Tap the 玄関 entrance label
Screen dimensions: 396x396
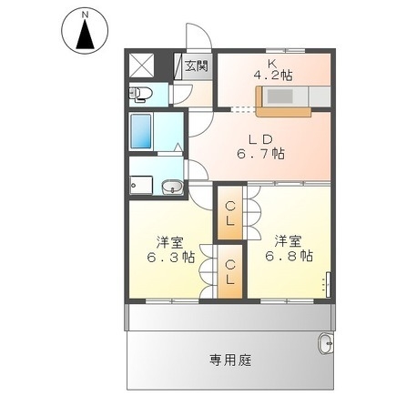pyautogui.click(x=196, y=66)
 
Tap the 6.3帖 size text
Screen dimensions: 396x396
pyautogui.click(x=169, y=257)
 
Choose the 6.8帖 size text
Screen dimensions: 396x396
pyautogui.click(x=289, y=257)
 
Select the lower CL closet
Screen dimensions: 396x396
pyautogui.click(x=230, y=271)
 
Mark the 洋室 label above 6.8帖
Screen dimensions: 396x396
pyautogui.click(x=289, y=241)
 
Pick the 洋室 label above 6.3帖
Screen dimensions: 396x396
pyautogui.click(x=169, y=241)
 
